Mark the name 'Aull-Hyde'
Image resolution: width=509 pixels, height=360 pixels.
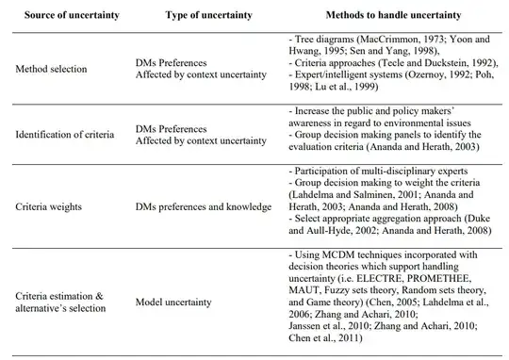(x=325, y=230)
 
